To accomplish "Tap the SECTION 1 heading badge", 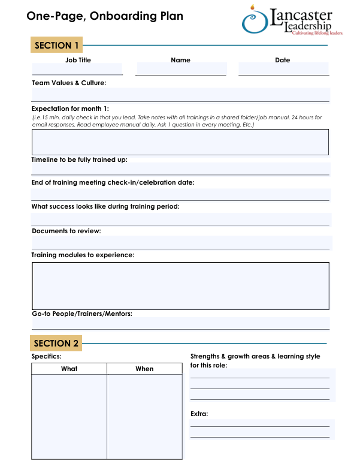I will [57, 46].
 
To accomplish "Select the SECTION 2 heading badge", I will [56, 344].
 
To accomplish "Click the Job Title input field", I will [77, 69].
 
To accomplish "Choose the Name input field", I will [181, 69].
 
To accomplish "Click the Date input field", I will [283, 69].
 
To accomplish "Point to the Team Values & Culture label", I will [69, 83].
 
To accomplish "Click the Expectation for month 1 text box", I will [180, 142].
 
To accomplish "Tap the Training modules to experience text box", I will [180, 285].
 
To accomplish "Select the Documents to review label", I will [66, 231].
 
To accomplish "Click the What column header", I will [69, 369].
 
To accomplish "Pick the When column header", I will [144, 369].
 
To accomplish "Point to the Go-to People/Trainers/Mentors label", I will [82, 314].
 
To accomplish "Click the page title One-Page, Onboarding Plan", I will [105, 16].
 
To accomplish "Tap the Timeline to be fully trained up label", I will [80, 159].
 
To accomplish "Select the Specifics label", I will [47, 356].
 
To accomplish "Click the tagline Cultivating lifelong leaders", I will [317, 34].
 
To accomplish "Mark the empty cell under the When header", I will [144, 417].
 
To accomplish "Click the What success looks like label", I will [105, 206].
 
